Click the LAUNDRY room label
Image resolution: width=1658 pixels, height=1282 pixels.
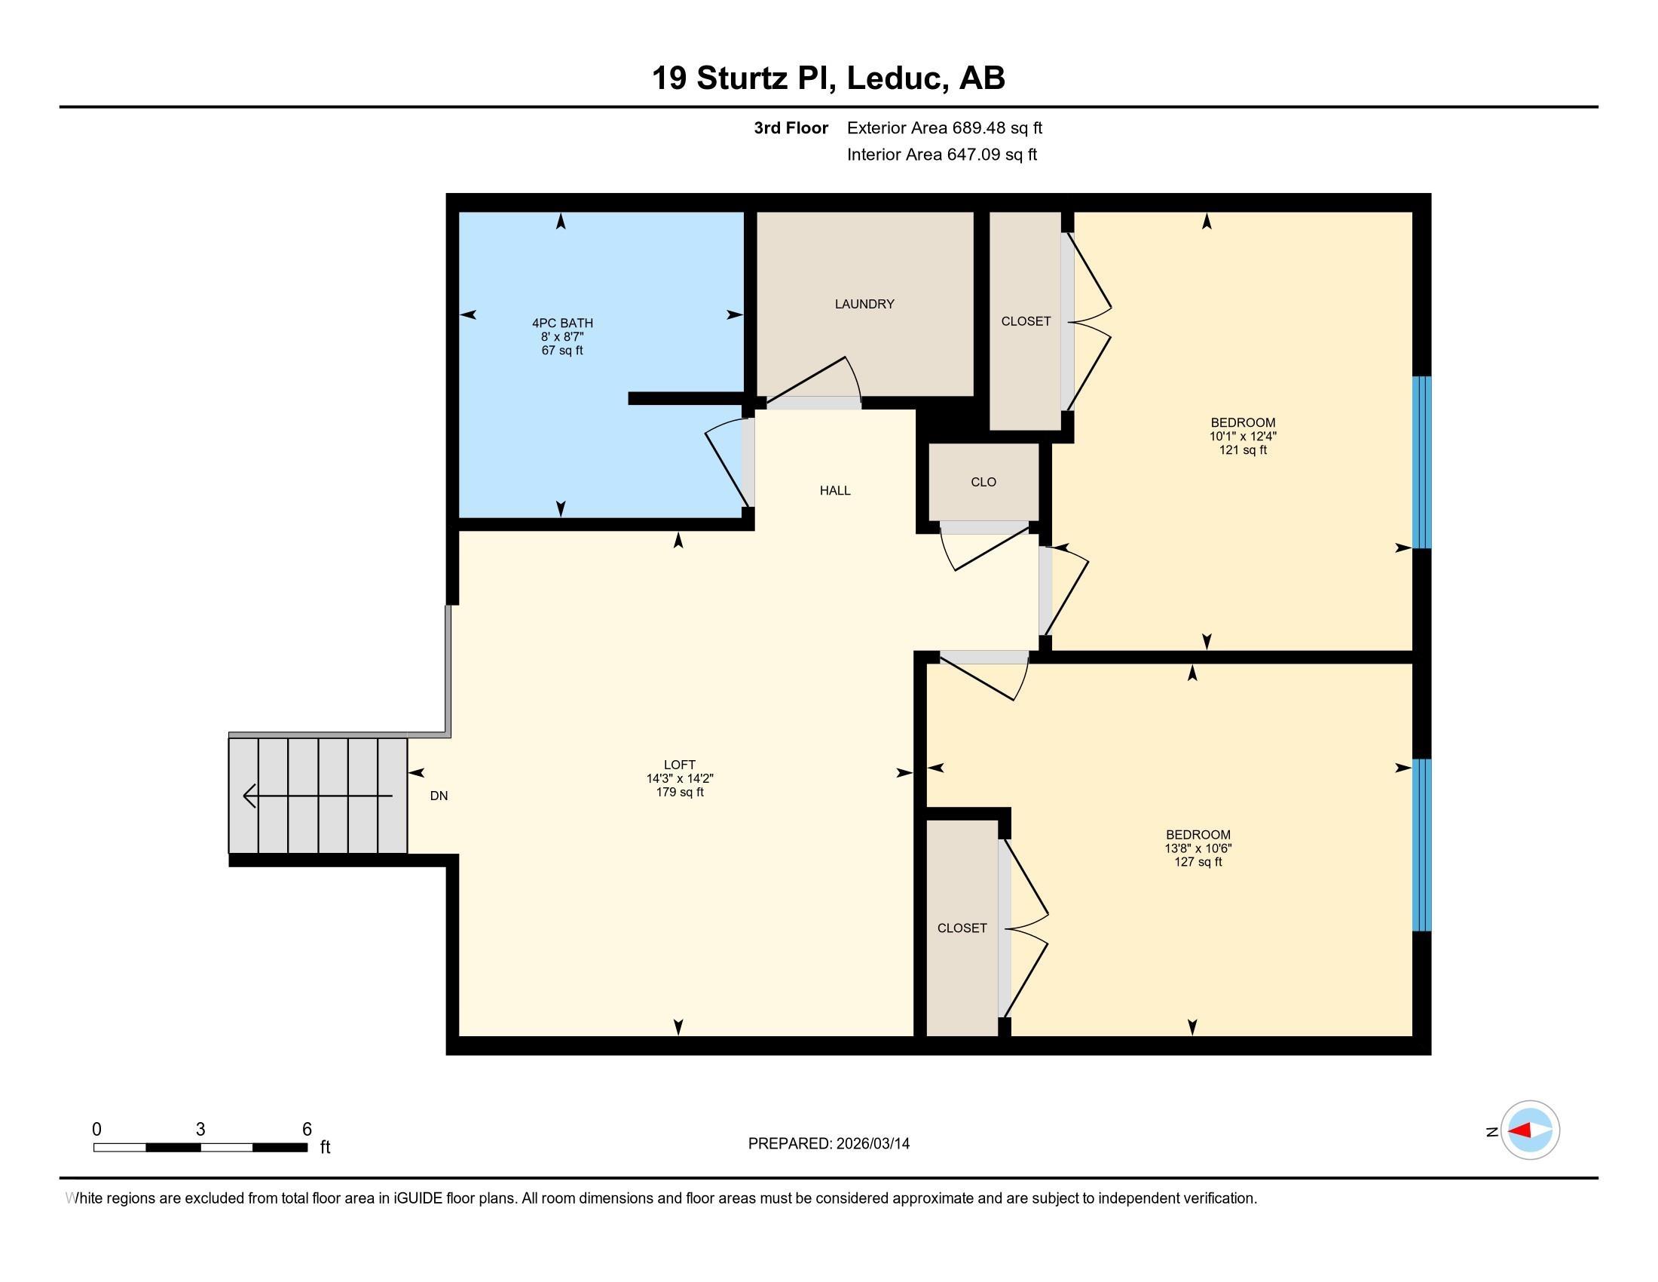(864, 304)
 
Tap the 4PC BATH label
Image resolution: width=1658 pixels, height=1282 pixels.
(562, 323)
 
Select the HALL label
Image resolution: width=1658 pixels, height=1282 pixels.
(835, 491)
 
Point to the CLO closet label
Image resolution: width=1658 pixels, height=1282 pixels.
(983, 482)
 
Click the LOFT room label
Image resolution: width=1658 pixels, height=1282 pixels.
(680, 765)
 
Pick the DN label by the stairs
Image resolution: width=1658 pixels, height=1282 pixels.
(439, 796)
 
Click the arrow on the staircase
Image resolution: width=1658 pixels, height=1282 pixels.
(317, 796)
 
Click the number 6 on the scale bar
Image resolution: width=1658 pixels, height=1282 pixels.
(307, 1130)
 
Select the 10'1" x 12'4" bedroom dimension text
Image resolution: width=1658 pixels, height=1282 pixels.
(1243, 436)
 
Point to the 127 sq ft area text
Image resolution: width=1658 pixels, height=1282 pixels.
(1198, 862)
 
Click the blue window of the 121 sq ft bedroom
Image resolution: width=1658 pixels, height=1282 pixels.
(1422, 462)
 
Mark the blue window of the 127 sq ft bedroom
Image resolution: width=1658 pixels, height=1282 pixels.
(1422, 845)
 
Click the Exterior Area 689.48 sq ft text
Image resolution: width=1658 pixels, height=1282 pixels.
(944, 127)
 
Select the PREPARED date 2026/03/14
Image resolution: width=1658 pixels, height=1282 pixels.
(872, 1143)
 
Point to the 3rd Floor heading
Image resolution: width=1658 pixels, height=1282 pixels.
(791, 127)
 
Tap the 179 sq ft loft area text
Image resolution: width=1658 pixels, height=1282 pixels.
(680, 792)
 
